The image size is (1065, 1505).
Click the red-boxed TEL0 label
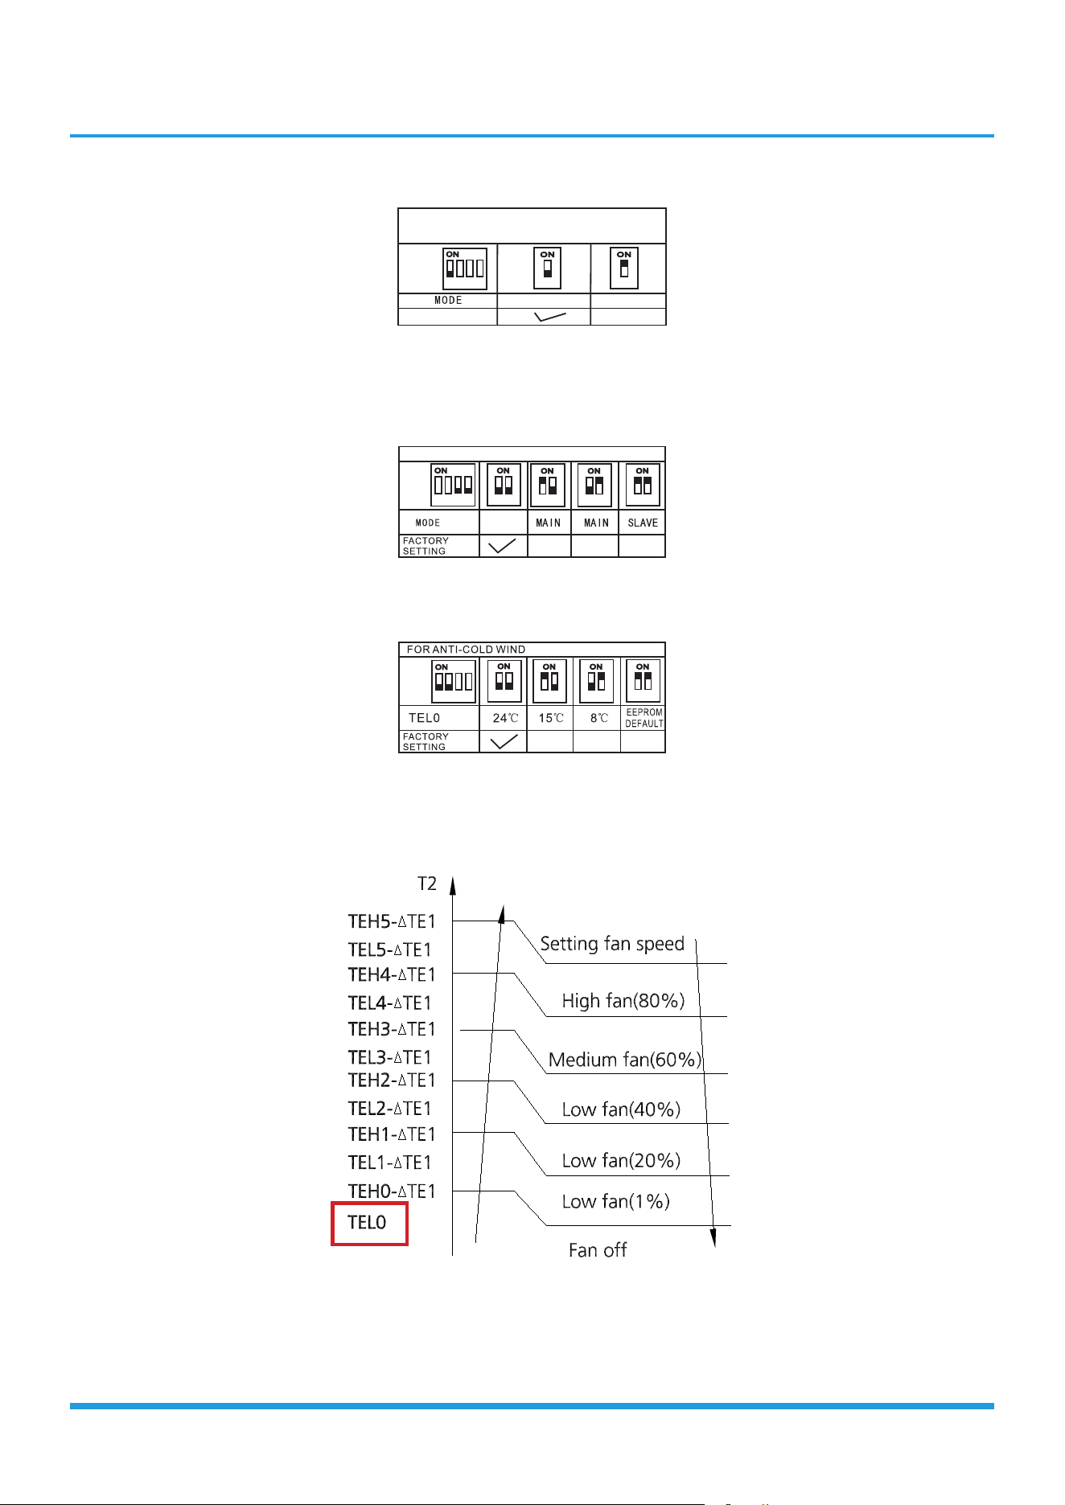pyautogui.click(x=367, y=1223)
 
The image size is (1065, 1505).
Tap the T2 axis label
pyautogui.click(x=427, y=884)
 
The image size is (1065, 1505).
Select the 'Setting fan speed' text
pyautogui.click(x=612, y=944)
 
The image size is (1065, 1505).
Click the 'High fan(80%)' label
pyautogui.click(x=623, y=1001)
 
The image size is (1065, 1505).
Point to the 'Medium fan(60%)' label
pyautogui.click(x=625, y=1060)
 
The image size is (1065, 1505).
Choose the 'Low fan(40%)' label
pyautogui.click(x=621, y=1109)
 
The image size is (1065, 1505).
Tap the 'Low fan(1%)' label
pyautogui.click(x=615, y=1201)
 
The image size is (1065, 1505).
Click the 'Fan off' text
pyautogui.click(x=598, y=1250)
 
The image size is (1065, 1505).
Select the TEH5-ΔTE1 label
pyautogui.click(x=392, y=921)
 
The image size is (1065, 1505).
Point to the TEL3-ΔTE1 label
pyautogui.click(x=390, y=1057)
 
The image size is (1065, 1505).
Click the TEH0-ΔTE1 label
pyautogui.click(x=392, y=1191)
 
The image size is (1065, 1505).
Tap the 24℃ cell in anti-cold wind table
pyautogui.click(x=505, y=718)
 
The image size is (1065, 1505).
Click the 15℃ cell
pyautogui.click(x=551, y=718)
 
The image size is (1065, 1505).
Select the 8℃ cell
pyautogui.click(x=598, y=718)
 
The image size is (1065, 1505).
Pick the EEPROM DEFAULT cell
pyautogui.click(x=644, y=718)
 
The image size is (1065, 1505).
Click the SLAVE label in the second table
pyautogui.click(x=643, y=523)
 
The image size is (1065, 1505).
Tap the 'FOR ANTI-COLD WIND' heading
pyautogui.click(x=466, y=650)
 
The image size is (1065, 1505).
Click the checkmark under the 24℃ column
pyautogui.click(x=504, y=741)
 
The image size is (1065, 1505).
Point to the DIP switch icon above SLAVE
pyautogui.click(x=643, y=485)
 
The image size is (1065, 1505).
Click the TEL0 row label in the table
pyautogui.click(x=424, y=718)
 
